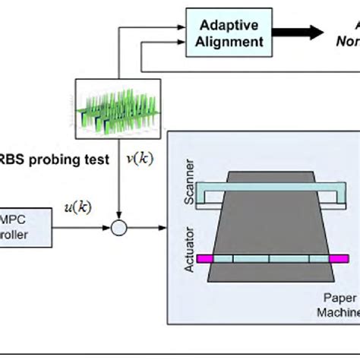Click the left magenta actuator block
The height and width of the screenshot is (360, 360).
(x=204, y=259)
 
